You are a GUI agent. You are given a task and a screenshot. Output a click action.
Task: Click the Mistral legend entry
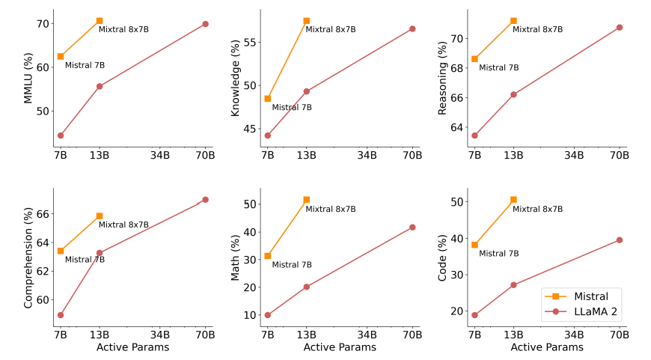[x=584, y=296]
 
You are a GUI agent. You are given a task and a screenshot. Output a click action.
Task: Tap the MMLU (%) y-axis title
[x=28, y=78]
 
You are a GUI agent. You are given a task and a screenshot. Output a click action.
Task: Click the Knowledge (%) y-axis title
[x=235, y=78]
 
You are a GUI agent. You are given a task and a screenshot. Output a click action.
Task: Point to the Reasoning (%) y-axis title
[x=442, y=78]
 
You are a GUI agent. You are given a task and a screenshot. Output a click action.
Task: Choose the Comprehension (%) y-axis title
[x=28, y=257]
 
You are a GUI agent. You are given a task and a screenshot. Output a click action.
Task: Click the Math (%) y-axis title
[x=235, y=257]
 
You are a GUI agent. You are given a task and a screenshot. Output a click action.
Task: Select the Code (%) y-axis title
[x=442, y=257]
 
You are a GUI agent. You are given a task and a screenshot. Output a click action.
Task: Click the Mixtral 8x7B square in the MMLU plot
[x=100, y=21]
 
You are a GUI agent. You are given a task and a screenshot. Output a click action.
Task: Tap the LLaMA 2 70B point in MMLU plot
[x=205, y=24]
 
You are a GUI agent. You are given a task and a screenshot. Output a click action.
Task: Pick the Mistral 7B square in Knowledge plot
[x=267, y=98]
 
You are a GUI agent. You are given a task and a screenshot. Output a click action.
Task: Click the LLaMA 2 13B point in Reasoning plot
[x=513, y=94]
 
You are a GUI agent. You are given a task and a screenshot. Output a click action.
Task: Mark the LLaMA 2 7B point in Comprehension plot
[x=61, y=315]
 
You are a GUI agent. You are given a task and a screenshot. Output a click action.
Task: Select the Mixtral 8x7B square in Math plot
[x=306, y=200]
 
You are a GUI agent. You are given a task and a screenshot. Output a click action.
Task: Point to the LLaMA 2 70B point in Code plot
[x=619, y=240]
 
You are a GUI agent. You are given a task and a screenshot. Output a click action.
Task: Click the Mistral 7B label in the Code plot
[x=498, y=254]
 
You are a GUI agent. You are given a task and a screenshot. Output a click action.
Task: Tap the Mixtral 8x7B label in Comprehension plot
[x=123, y=225]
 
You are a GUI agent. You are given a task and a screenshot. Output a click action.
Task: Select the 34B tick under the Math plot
[x=367, y=334]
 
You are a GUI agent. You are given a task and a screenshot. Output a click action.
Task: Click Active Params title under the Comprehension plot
[x=132, y=347]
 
